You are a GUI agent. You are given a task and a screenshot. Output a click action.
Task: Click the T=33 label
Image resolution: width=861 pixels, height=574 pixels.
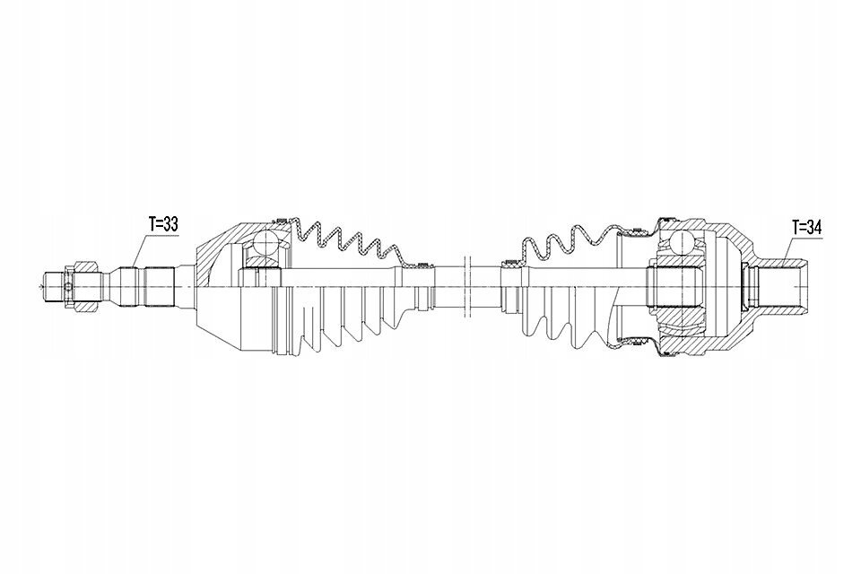pos(163,224)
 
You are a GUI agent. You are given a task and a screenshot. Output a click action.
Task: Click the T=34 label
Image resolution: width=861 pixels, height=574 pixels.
pos(806,229)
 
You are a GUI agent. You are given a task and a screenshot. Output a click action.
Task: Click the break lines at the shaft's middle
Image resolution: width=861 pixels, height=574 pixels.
pos(468,286)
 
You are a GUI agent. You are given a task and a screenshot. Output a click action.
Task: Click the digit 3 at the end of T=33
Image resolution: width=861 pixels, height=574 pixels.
pos(173,224)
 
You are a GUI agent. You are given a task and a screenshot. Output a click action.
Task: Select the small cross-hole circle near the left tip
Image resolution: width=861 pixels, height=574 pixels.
pos(67,287)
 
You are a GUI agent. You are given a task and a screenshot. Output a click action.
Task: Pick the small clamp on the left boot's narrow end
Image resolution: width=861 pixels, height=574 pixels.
pos(422,267)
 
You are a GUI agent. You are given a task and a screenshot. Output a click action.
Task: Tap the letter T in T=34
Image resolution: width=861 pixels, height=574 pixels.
pos(796,229)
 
